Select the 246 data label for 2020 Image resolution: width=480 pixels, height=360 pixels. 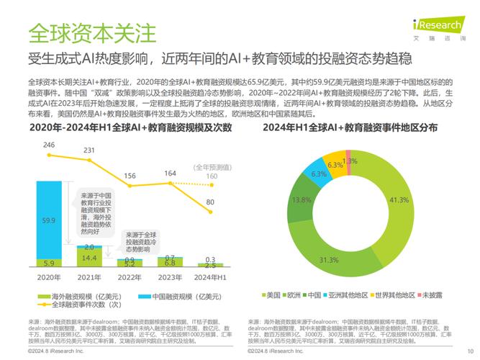point(49,145)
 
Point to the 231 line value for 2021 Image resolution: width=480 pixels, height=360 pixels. point(89,150)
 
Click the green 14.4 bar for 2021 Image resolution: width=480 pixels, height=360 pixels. point(89,257)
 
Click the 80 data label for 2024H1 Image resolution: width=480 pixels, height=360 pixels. point(209,202)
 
